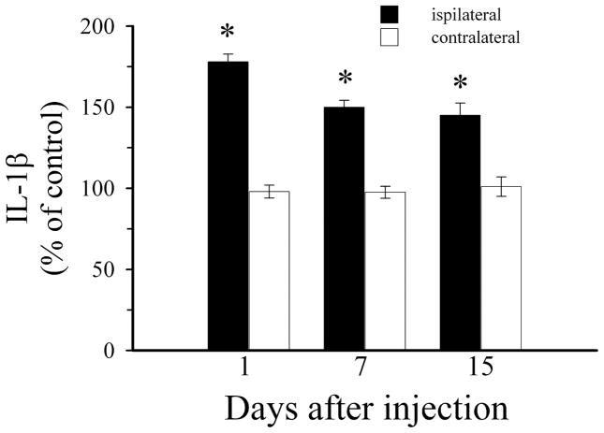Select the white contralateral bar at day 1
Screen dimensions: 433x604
(269, 270)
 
